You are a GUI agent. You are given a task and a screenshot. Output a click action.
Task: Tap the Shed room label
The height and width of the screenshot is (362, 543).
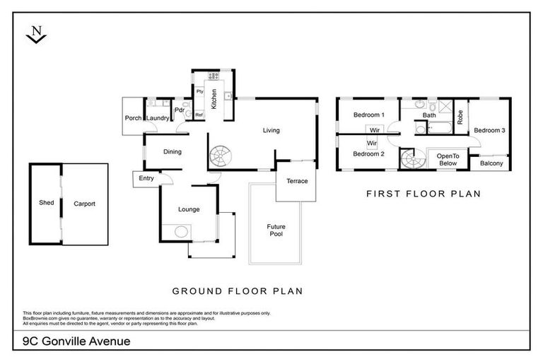46,203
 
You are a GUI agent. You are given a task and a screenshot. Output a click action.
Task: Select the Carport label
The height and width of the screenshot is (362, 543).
84,204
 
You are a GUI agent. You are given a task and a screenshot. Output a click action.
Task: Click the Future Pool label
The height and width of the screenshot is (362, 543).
276,230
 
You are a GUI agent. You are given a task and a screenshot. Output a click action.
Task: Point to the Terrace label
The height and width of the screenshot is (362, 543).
297,181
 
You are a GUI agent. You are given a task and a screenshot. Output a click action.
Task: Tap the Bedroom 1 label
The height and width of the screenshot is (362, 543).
368,115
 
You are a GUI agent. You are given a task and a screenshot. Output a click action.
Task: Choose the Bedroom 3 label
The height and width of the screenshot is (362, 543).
489,130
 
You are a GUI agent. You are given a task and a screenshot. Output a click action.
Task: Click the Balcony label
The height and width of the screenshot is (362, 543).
491,164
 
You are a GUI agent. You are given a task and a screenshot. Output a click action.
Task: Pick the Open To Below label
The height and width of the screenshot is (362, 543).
448,159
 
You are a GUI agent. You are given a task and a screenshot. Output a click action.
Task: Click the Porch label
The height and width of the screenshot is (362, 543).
133,118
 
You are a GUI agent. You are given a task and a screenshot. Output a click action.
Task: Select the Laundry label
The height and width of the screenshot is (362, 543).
158,118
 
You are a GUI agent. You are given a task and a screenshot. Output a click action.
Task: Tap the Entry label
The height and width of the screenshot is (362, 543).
146,178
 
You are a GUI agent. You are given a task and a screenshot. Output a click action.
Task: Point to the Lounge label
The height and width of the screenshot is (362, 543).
189,209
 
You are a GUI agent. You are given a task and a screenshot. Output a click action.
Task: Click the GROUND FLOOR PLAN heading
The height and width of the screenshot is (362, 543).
238,291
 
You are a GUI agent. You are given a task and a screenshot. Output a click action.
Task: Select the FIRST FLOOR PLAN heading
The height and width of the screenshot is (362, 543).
423,192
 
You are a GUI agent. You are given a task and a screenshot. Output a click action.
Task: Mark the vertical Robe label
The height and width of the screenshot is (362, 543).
460,117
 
